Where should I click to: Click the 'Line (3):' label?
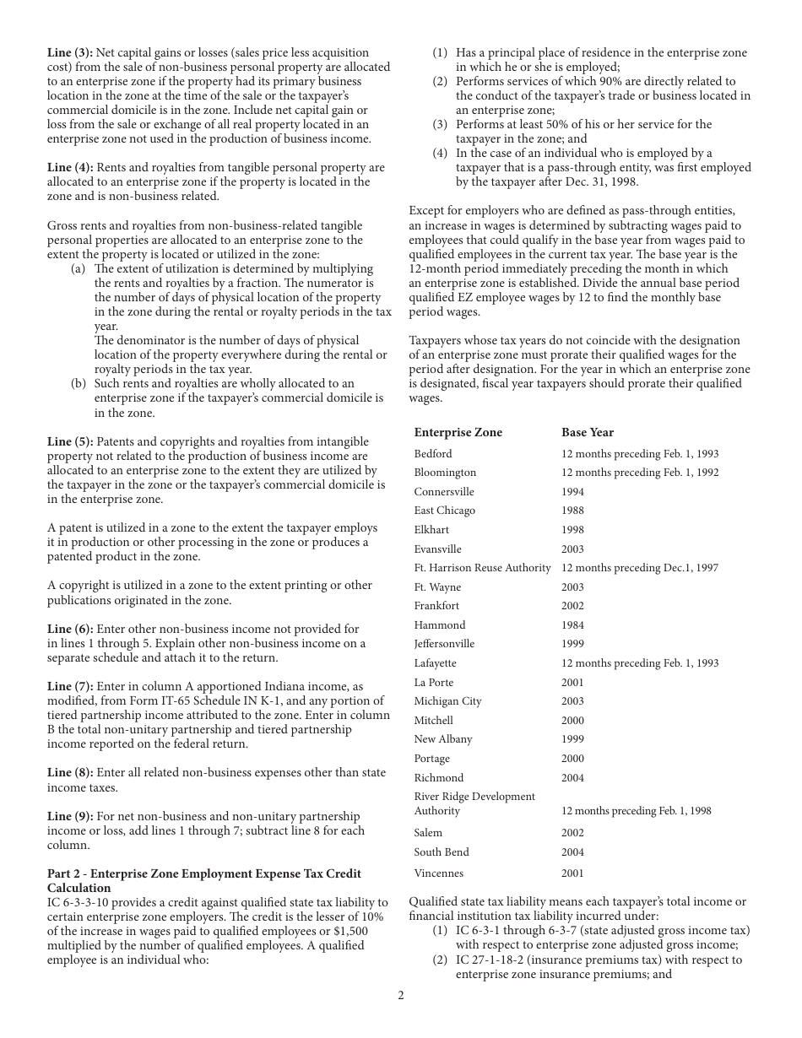(x=70, y=52)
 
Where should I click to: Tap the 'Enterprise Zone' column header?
(x=458, y=432)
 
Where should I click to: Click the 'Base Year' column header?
(x=588, y=432)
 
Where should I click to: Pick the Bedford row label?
(x=432, y=453)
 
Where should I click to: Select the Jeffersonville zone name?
(x=444, y=644)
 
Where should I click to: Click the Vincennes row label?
(x=438, y=873)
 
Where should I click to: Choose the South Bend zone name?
(x=441, y=852)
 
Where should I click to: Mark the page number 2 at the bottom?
(x=401, y=995)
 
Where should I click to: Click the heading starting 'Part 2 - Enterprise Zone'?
(x=203, y=873)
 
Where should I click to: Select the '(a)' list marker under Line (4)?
(x=78, y=268)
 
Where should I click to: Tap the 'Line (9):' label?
(x=70, y=816)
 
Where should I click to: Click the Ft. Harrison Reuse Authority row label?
(x=482, y=568)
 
